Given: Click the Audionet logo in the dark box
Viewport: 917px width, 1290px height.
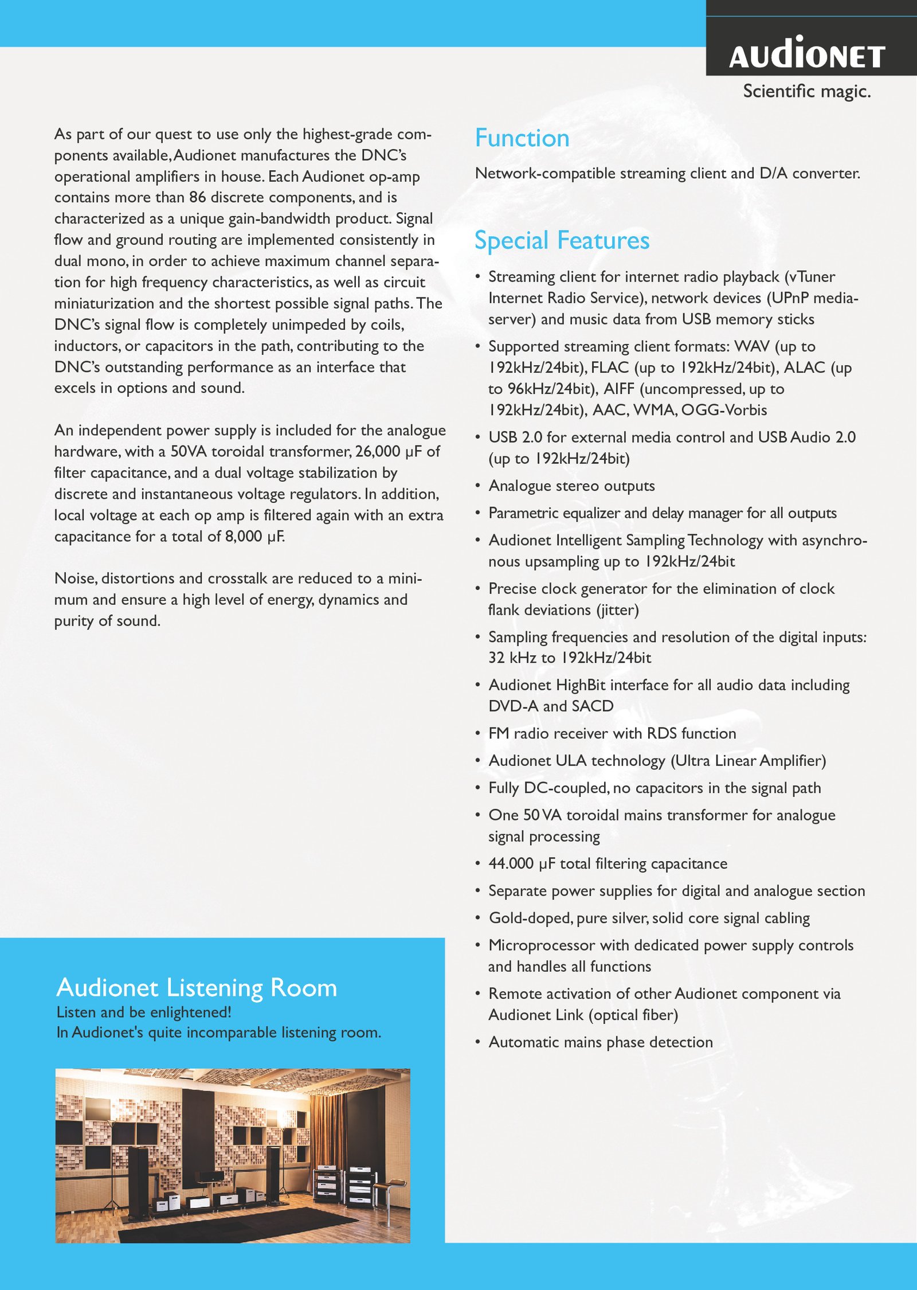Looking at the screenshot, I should point(807,54).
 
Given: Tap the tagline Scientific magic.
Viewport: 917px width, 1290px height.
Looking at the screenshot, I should point(806,91).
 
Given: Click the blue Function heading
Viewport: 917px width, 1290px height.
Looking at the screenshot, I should point(522,138).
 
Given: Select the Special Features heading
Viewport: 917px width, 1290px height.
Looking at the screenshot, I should point(562,240).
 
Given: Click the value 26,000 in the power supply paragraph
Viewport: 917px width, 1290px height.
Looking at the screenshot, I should point(378,452).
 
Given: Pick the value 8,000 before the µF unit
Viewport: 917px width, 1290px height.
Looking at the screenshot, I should point(244,537).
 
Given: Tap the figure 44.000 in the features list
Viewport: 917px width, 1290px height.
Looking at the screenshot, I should point(511,864).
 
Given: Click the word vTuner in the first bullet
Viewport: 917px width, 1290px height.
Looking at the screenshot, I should point(812,277).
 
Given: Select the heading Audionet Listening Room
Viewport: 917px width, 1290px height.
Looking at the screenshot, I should point(197,988).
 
